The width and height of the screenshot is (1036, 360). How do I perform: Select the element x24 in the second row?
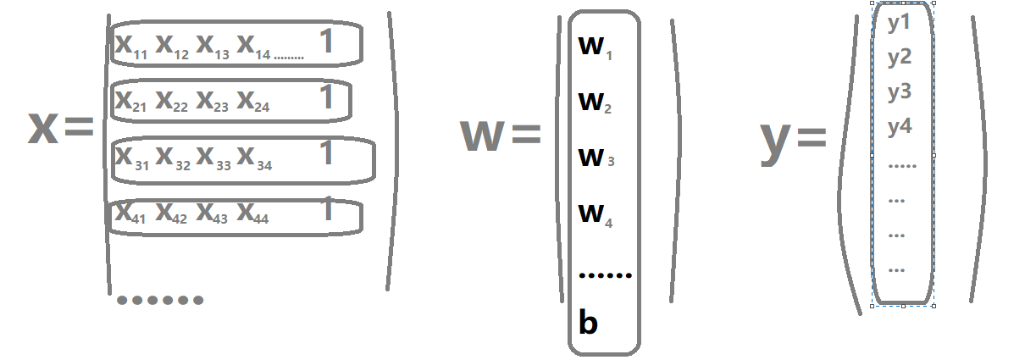pos(253,102)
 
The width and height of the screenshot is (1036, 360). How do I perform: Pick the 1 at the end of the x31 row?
pos(326,154)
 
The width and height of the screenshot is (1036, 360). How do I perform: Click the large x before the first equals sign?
pos(42,127)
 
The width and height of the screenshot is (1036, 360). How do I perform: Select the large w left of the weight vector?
pos(481,136)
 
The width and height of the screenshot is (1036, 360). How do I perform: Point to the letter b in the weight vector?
pos(588,322)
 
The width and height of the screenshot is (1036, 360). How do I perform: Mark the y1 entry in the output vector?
pos(899,24)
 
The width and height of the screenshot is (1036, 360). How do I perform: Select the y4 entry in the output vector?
pos(899,128)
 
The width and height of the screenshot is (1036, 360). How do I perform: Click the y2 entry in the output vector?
pos(899,58)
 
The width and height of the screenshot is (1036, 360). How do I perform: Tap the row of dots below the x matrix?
pos(159,299)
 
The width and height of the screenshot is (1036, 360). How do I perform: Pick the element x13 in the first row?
pos(213,46)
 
